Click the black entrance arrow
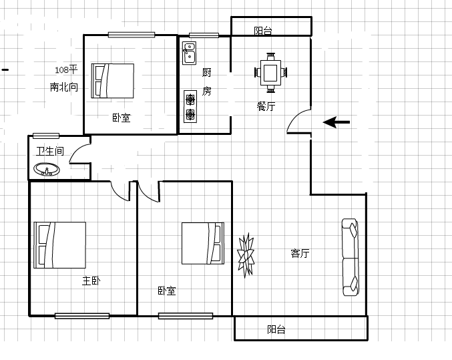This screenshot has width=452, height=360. [x=337, y=122]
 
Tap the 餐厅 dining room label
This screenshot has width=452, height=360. [x=266, y=106]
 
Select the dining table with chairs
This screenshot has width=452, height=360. [x=271, y=72]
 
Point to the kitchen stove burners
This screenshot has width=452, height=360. [x=191, y=107]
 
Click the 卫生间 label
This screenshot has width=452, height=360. [x=49, y=152]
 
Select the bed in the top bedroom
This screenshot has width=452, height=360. [x=113, y=81]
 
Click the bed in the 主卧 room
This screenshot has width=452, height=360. [x=60, y=245]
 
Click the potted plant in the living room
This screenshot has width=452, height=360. [x=246, y=254]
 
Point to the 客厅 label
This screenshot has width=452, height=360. [x=300, y=253]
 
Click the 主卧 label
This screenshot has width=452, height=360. [x=91, y=281]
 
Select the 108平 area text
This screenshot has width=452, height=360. [x=66, y=70]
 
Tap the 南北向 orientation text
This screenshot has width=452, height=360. [x=64, y=87]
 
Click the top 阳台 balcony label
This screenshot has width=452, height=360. [x=263, y=30]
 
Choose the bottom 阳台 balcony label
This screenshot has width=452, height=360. [x=276, y=329]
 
